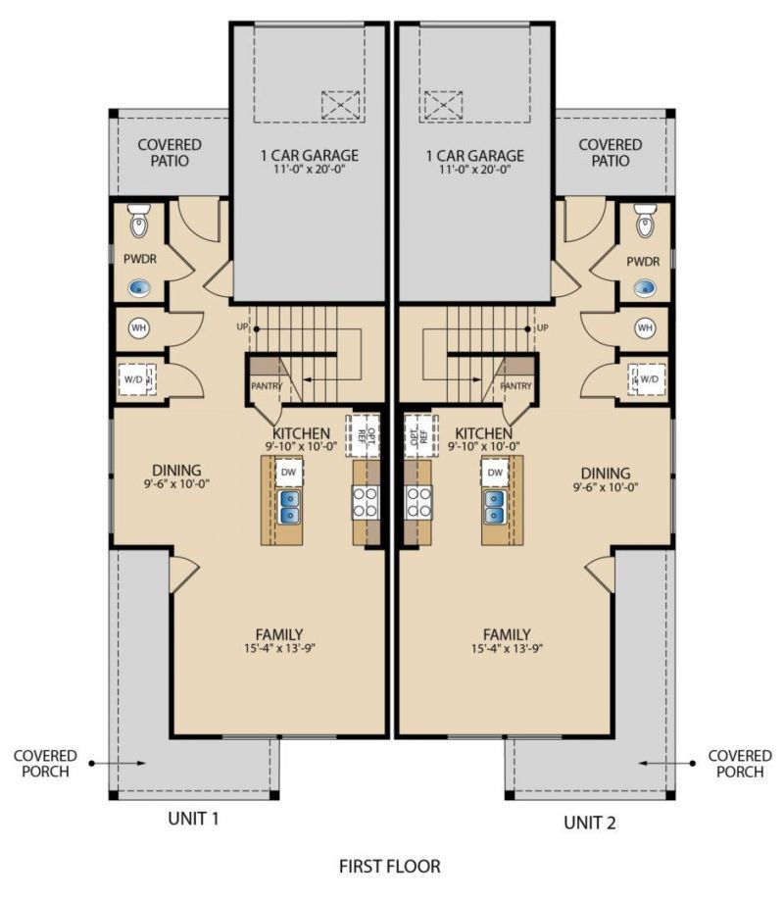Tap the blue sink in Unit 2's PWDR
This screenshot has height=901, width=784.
pyautogui.click(x=646, y=286)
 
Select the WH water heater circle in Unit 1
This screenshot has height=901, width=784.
pyautogui.click(x=138, y=328)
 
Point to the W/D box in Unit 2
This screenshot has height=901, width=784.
pyautogui.click(x=649, y=378)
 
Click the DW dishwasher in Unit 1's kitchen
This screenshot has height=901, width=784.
pyautogui.click(x=288, y=473)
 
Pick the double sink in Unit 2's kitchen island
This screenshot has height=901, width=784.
pyautogui.click(x=495, y=506)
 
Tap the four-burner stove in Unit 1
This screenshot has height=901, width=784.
pyautogui.click(x=366, y=502)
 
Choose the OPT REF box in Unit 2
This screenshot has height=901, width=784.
pyautogui.click(x=419, y=435)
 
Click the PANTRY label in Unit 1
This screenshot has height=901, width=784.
pyautogui.click(x=266, y=386)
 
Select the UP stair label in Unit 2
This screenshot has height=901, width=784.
pyautogui.click(x=542, y=327)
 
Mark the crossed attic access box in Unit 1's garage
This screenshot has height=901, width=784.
pyautogui.click(x=341, y=105)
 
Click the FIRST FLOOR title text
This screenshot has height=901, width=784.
pyautogui.click(x=390, y=866)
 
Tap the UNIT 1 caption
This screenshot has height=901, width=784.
pyautogui.click(x=194, y=819)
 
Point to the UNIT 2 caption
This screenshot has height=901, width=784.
pyautogui.click(x=590, y=823)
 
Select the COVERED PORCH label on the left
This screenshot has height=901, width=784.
pyautogui.click(x=45, y=763)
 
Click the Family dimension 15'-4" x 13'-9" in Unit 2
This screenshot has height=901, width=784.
pyautogui.click(x=508, y=649)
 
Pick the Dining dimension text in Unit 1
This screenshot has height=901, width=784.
pyautogui.click(x=176, y=483)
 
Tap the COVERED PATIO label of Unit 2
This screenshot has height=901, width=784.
pyautogui.click(x=610, y=152)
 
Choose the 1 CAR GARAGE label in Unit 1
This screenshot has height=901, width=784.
pyautogui.click(x=310, y=155)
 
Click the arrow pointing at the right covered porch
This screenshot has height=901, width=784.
pyautogui.click(x=666, y=764)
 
